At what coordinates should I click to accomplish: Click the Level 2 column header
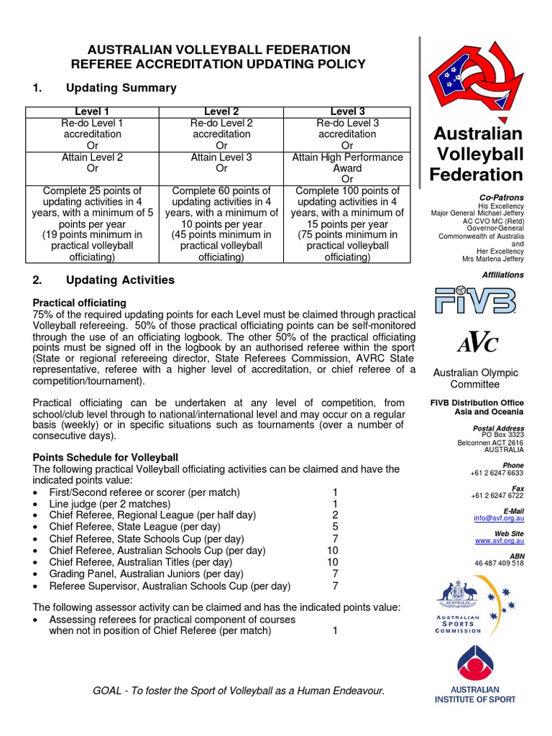pyautogui.click(x=221, y=111)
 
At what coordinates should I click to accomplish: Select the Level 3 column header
pyautogui.click(x=347, y=111)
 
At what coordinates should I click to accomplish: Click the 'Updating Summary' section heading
pyautogui.click(x=121, y=88)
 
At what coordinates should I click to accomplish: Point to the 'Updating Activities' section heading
pyautogui.click(x=120, y=280)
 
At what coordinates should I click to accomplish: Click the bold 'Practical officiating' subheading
pyautogui.click(x=80, y=303)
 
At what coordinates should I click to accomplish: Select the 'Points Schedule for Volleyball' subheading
pyautogui.click(x=106, y=457)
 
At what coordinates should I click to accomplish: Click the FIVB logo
pyautogui.click(x=475, y=301)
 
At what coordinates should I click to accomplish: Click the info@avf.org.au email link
pyautogui.click(x=498, y=517)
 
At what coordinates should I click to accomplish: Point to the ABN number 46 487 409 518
pyautogui.click(x=499, y=563)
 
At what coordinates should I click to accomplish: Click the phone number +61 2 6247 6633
pyautogui.click(x=497, y=473)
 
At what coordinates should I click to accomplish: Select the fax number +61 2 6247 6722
pyautogui.click(x=497, y=495)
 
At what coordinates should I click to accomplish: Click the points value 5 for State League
pyautogui.click(x=335, y=527)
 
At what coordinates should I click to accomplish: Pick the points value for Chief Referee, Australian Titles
pyautogui.click(x=332, y=561)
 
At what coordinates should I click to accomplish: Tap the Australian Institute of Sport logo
pyautogui.click(x=474, y=676)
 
